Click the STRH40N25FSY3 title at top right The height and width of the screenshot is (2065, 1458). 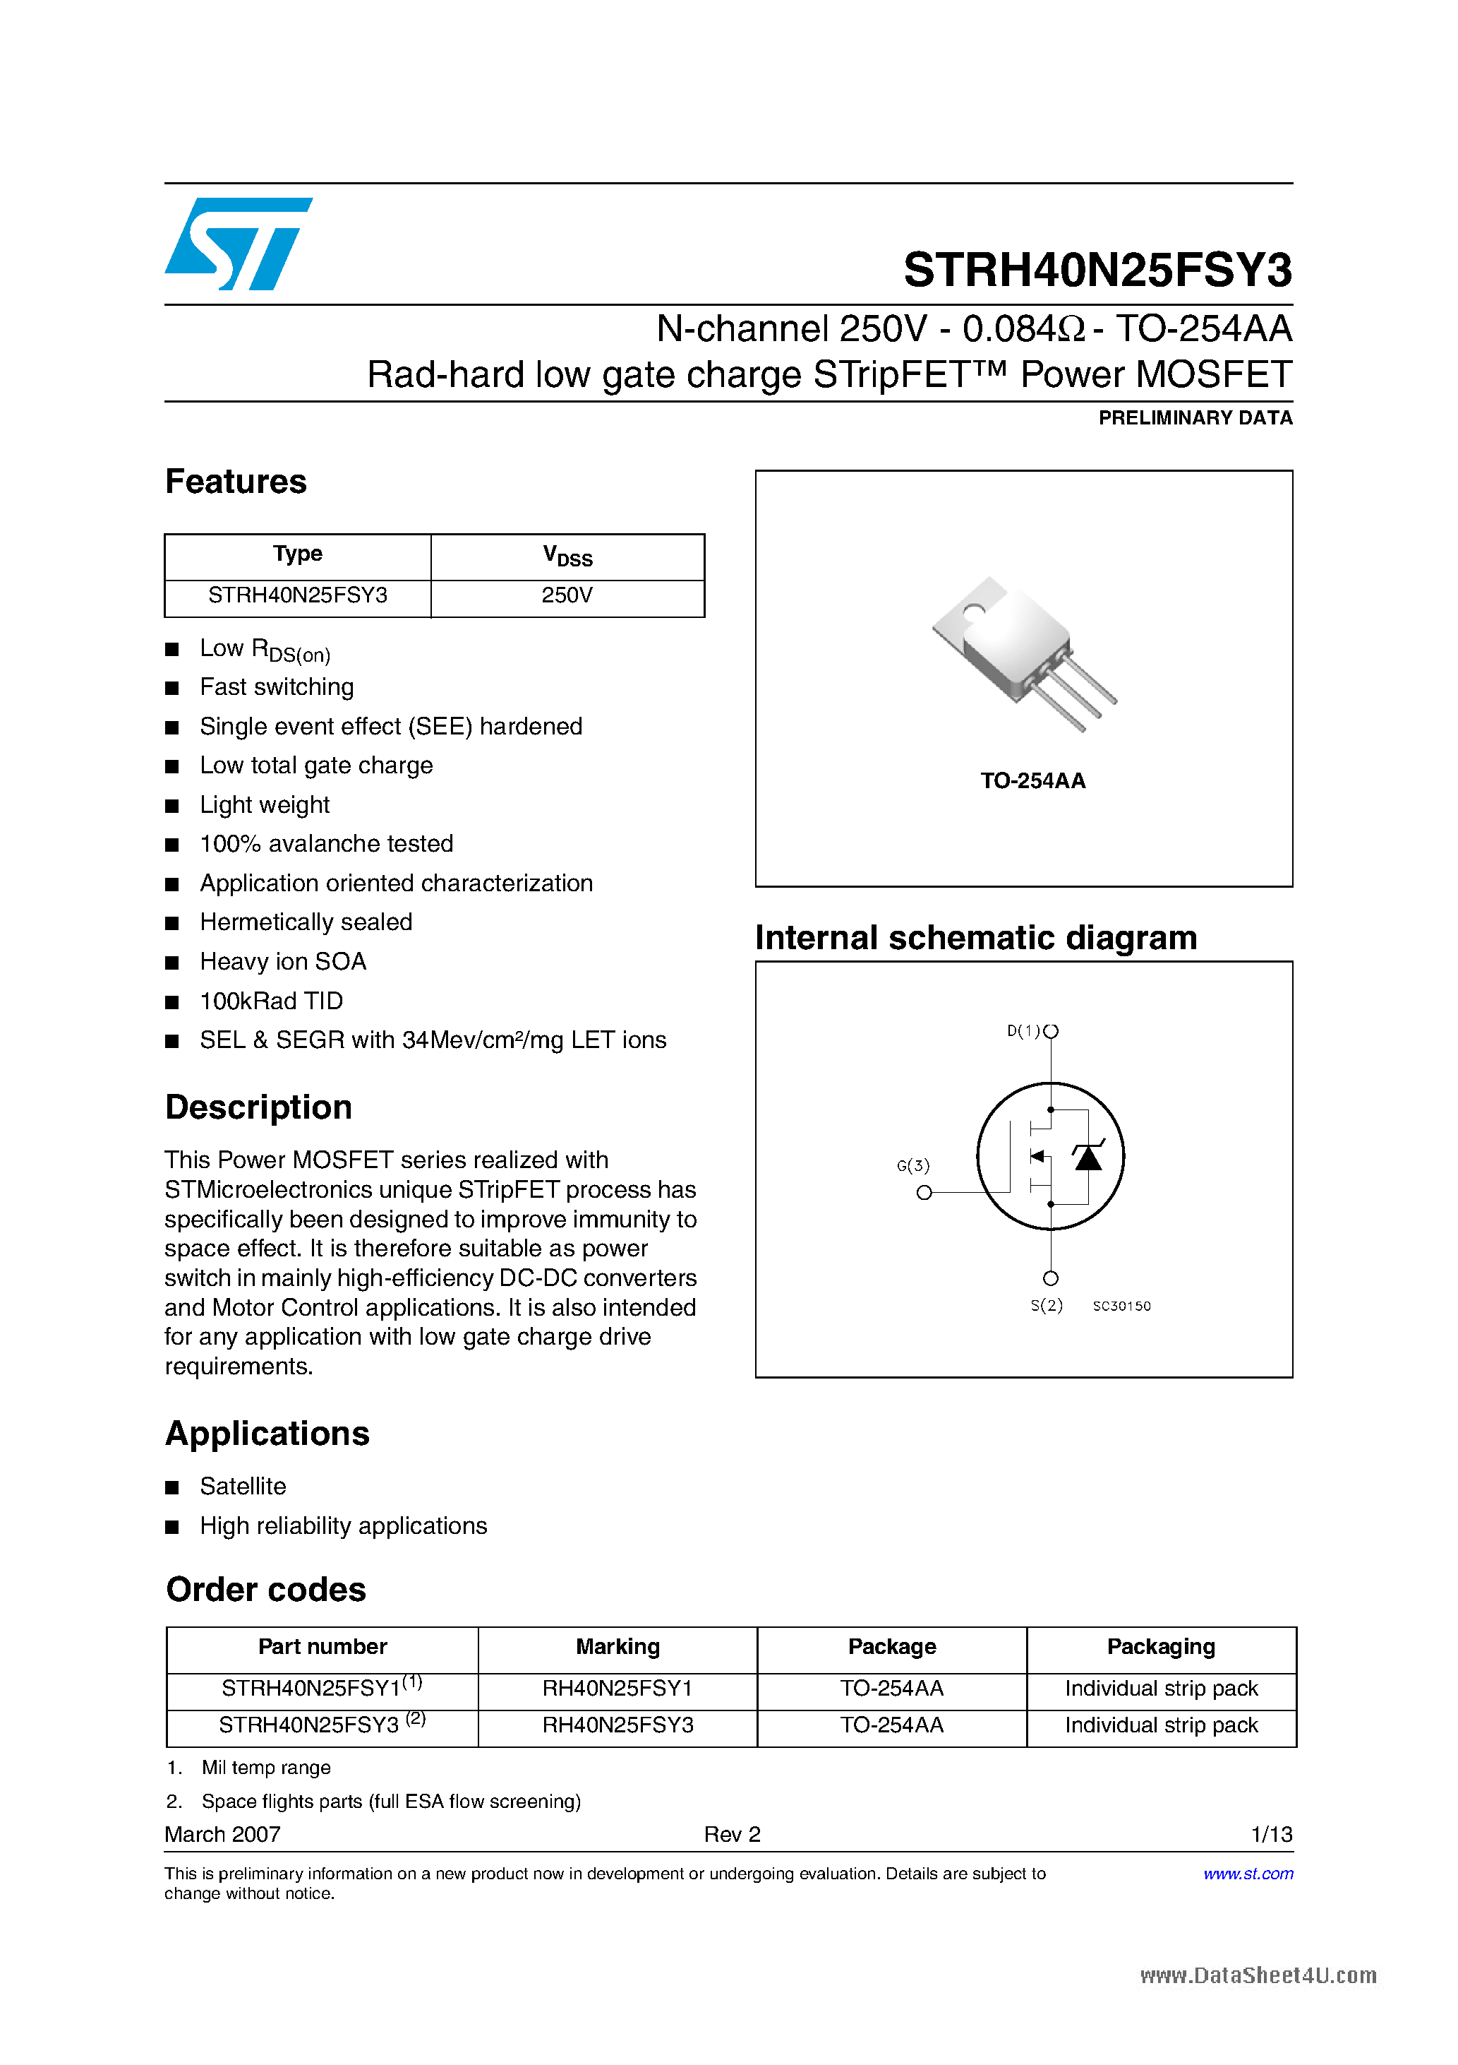tap(1097, 270)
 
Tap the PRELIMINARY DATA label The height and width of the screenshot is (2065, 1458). tap(1195, 417)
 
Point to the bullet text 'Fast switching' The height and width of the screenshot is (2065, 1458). tap(276, 687)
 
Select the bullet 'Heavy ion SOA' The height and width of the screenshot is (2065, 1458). tap(282, 961)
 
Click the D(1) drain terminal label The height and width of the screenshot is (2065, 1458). tap(1023, 1030)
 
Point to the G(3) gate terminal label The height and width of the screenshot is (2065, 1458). tap(912, 1165)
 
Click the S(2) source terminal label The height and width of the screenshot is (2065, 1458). tap(1047, 1305)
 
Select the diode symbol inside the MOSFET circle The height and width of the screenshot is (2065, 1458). tap(1088, 1157)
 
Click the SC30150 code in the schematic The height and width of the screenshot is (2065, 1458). tap(1121, 1306)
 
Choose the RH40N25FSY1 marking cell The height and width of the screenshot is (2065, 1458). tap(617, 1688)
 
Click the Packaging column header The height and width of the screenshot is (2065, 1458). tap(1160, 1647)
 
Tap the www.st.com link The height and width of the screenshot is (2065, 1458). tap(1248, 1874)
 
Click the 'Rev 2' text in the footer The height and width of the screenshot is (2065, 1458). tap(732, 1834)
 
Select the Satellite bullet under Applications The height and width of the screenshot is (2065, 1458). tap(243, 1487)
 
